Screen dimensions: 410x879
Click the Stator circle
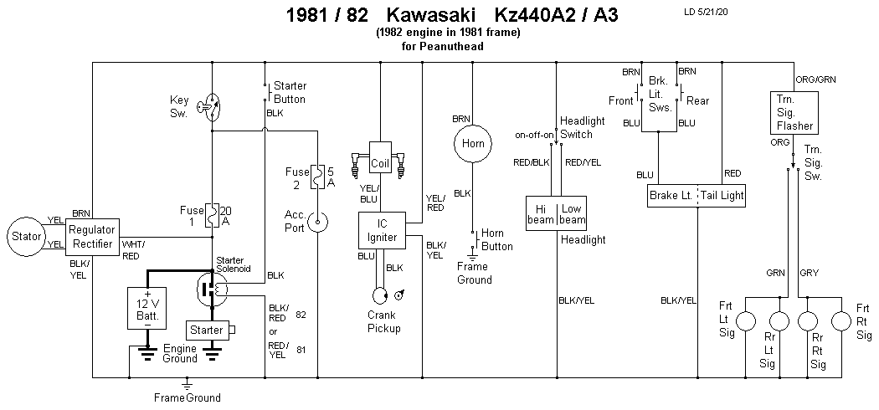[x=26, y=236]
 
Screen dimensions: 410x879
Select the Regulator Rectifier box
[x=94, y=235]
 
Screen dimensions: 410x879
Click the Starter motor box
[x=207, y=330]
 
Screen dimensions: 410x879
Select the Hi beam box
[x=540, y=213]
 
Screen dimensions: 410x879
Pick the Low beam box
[x=573, y=213]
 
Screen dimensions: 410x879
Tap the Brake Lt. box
[x=671, y=196]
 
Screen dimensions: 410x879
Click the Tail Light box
[x=722, y=196]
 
